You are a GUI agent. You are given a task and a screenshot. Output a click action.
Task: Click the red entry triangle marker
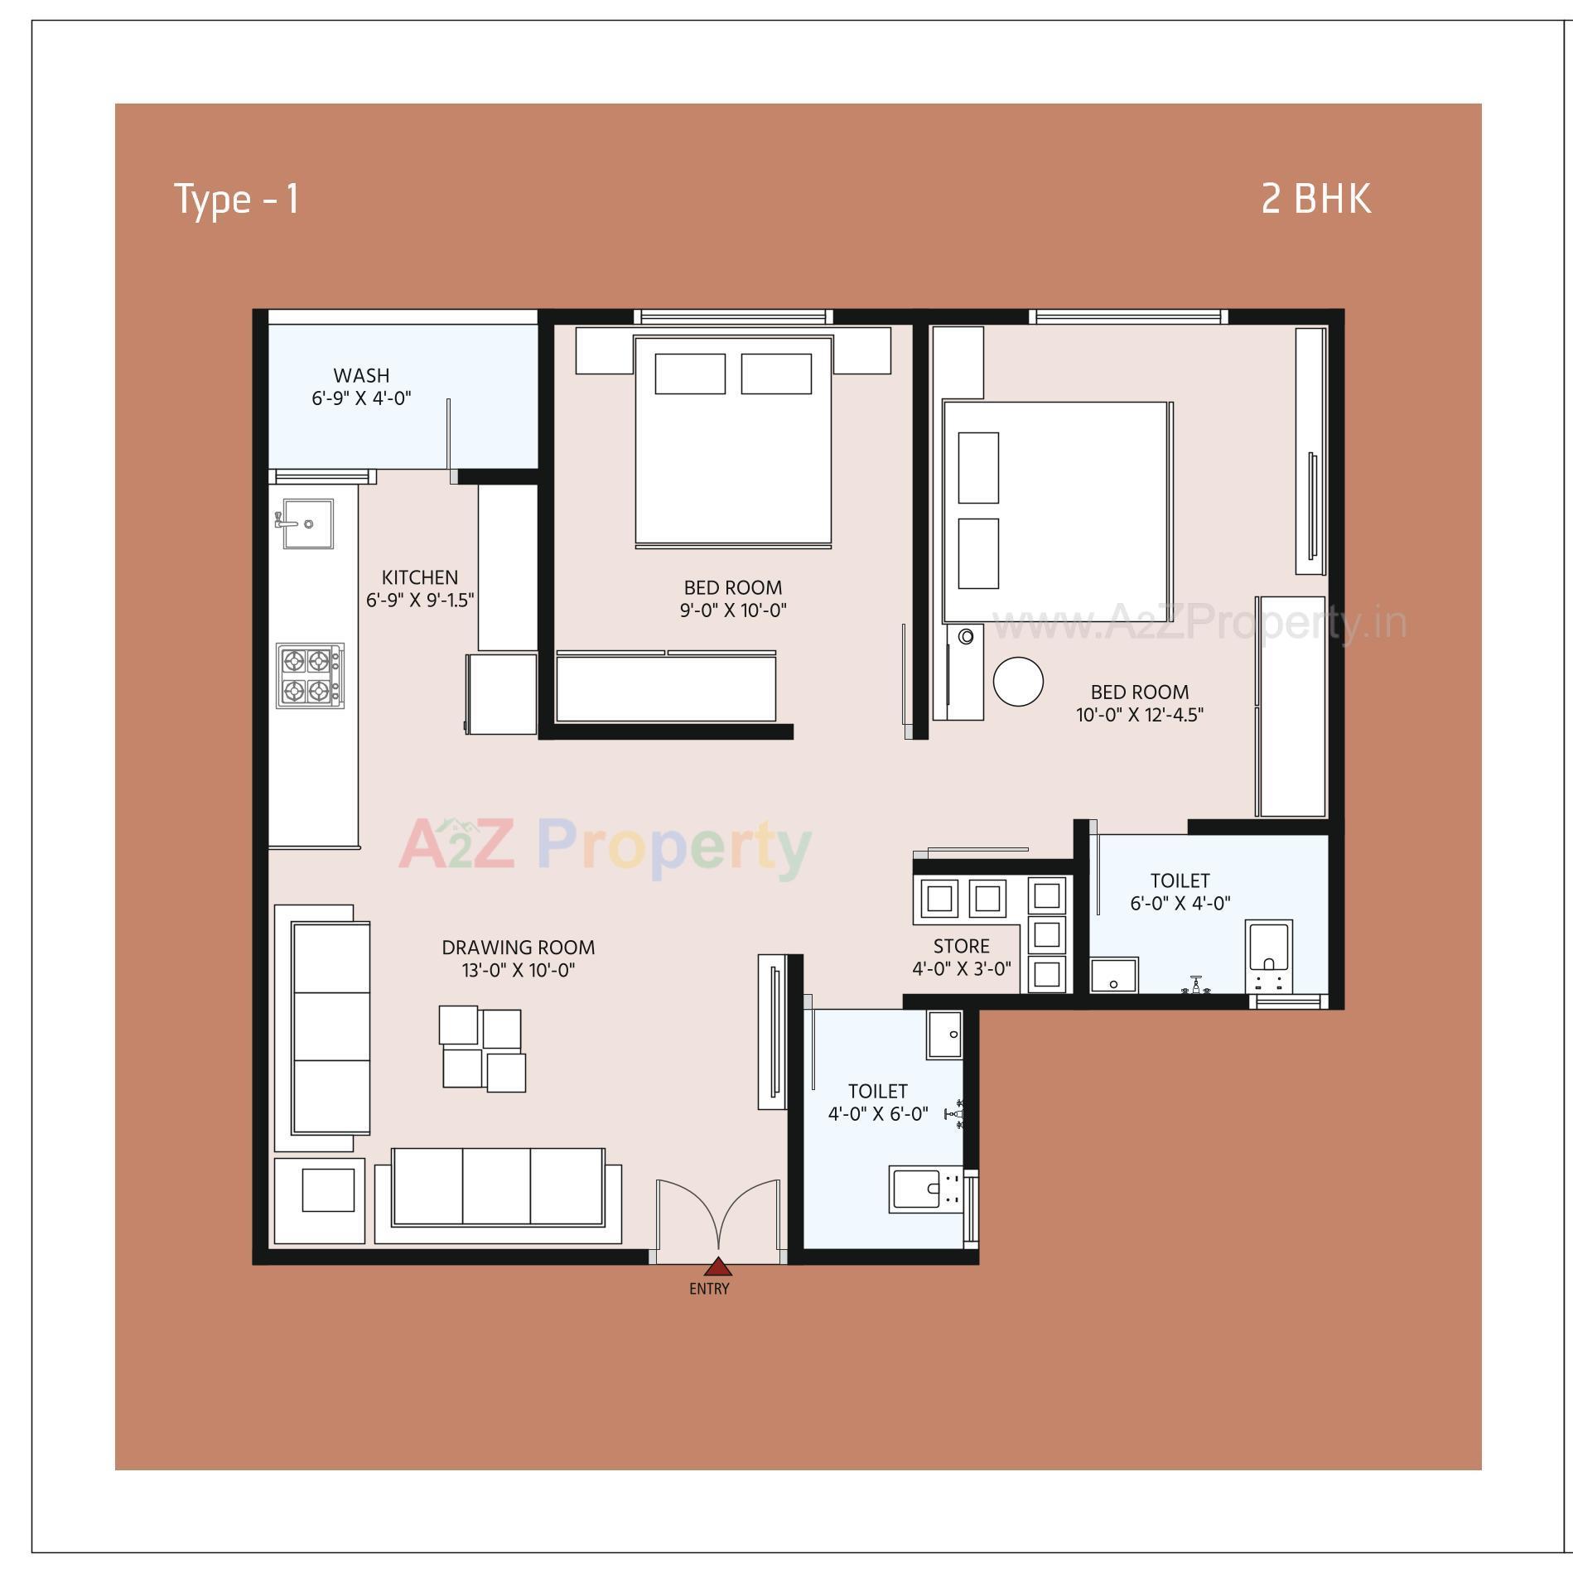click(717, 1267)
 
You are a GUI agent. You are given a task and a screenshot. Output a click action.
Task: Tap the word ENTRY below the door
click(709, 1289)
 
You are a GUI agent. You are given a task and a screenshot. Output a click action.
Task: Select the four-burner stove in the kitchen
click(310, 675)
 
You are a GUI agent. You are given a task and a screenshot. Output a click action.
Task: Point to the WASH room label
click(361, 376)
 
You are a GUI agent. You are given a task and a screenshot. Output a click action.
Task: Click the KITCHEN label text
click(419, 577)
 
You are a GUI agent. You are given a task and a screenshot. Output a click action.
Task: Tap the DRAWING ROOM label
click(518, 948)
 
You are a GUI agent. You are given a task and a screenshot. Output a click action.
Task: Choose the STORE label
click(961, 946)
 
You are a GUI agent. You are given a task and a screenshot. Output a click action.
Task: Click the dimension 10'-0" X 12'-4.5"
click(1139, 715)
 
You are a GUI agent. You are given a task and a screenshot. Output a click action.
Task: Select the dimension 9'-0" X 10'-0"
click(732, 610)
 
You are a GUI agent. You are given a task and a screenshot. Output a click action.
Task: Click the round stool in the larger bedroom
click(1017, 681)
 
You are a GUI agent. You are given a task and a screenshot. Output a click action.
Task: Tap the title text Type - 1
click(236, 200)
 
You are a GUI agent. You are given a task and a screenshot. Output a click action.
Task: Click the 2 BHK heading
click(1315, 200)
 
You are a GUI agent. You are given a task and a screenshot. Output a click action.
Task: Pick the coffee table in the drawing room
click(482, 1049)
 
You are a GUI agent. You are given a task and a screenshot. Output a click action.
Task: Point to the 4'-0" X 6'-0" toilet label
click(878, 1114)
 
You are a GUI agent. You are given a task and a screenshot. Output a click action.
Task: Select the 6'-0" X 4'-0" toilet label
click(1180, 903)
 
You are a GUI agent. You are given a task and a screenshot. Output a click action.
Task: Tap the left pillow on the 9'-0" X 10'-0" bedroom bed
click(689, 374)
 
